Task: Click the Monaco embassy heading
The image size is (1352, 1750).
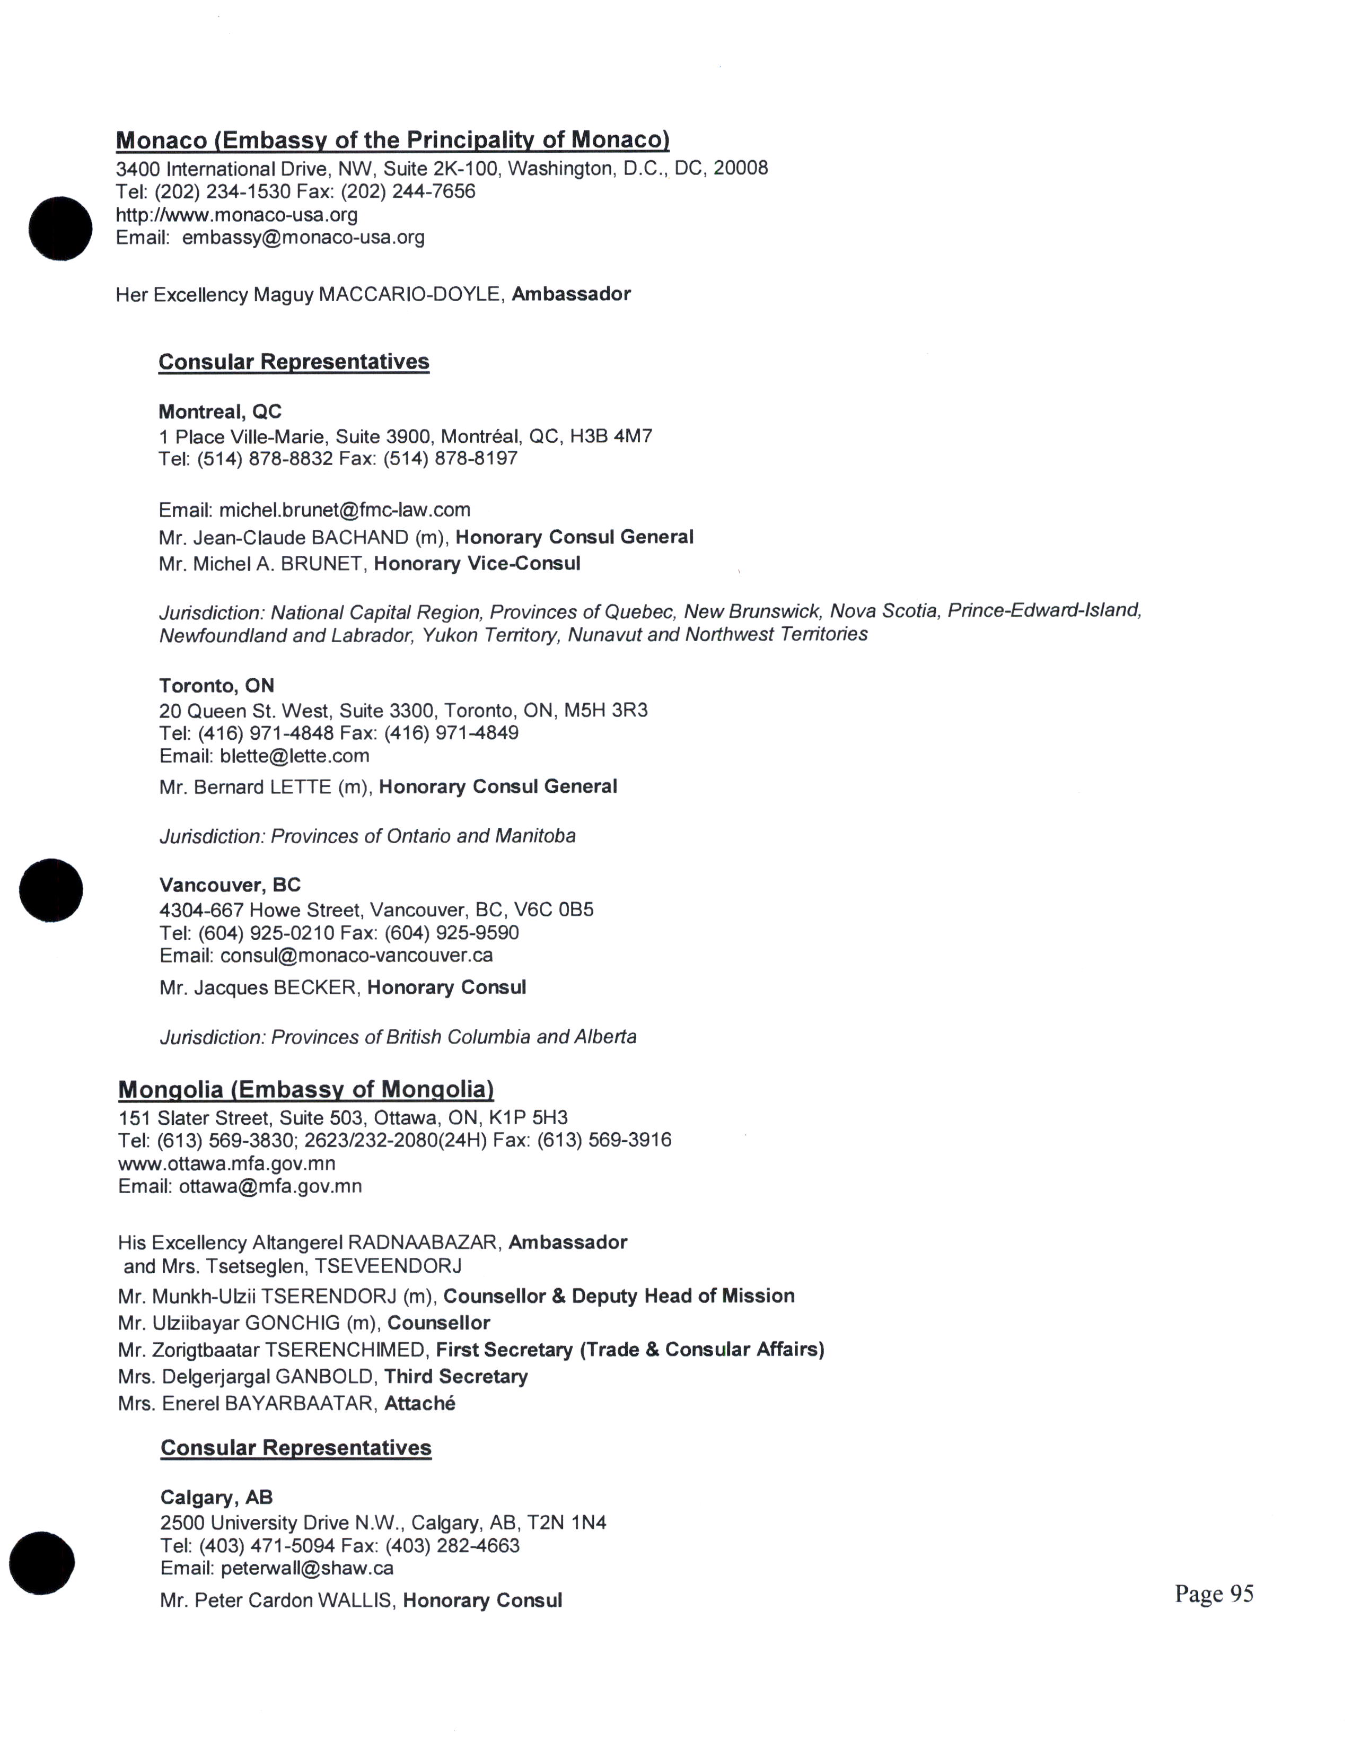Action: [392, 140]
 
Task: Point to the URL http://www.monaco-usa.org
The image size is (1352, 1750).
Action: [236, 215]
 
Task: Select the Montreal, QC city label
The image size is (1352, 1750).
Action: [220, 412]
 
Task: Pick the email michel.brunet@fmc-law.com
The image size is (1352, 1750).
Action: [345, 510]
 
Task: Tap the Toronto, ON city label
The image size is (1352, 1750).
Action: [216, 686]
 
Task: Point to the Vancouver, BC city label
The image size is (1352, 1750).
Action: [230, 886]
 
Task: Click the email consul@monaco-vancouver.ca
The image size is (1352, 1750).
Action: [356, 955]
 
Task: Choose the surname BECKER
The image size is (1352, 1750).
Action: [315, 987]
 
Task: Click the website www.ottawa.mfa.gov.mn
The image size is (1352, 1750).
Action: [227, 1163]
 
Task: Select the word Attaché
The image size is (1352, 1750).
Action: [420, 1403]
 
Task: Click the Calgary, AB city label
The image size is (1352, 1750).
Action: [216, 1498]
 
